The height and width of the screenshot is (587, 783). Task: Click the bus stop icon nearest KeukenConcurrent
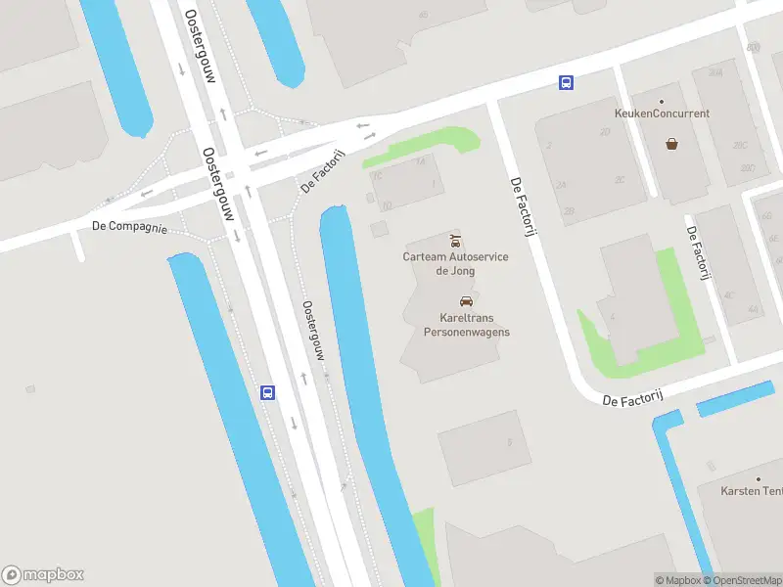point(566,83)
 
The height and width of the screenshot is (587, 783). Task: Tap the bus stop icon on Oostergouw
point(267,392)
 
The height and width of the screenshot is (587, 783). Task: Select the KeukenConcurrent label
point(663,113)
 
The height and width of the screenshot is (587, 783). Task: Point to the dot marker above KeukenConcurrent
point(663,101)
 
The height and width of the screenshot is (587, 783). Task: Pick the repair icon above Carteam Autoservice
point(455,240)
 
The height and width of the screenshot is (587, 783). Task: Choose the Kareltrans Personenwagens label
point(466,325)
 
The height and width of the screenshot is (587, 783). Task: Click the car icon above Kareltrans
point(466,300)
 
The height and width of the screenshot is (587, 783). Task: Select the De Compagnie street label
point(129,227)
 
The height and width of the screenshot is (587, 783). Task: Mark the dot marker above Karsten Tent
point(757,478)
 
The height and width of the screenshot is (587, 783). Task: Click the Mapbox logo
point(43,574)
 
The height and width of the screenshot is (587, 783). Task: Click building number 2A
point(561,185)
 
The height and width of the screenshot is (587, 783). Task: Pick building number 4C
point(728,294)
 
